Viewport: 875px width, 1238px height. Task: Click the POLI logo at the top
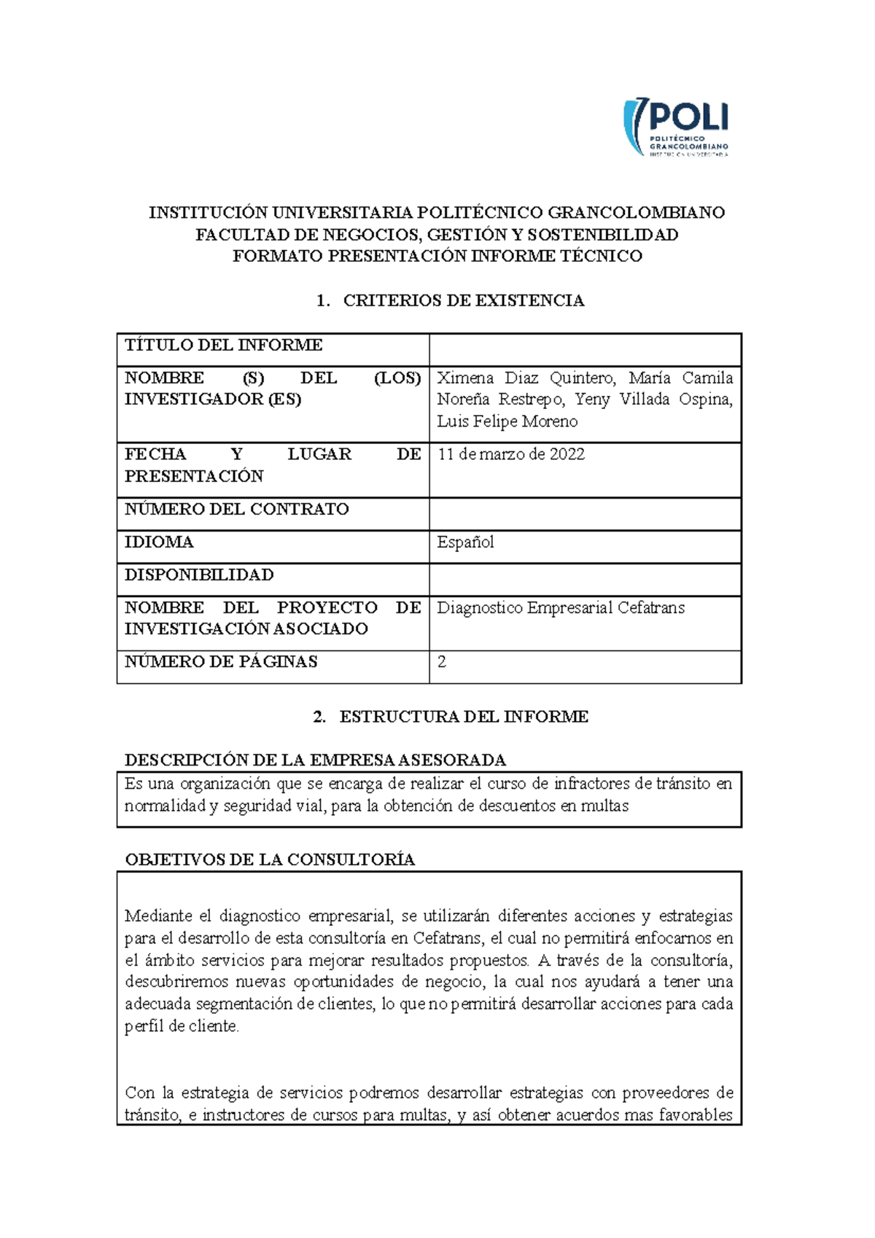click(676, 127)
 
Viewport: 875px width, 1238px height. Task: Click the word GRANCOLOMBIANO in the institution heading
click(636, 213)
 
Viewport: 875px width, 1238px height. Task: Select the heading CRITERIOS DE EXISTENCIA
click(463, 300)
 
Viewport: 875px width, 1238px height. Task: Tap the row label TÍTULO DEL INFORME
click(223, 345)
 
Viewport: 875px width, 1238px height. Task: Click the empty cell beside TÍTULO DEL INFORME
click(585, 349)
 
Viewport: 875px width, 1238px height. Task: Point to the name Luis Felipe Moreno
click(507, 421)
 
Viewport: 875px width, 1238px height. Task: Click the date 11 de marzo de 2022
click(511, 454)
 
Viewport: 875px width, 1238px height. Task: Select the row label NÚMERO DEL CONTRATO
click(236, 509)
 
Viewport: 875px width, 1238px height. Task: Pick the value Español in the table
click(465, 542)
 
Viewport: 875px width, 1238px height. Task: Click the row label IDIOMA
click(159, 542)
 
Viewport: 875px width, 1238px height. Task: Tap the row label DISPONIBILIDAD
click(199, 575)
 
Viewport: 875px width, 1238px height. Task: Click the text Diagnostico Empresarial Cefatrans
click(560, 607)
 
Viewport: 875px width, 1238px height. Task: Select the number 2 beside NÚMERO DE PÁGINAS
click(441, 662)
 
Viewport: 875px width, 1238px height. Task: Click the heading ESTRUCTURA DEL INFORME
click(463, 717)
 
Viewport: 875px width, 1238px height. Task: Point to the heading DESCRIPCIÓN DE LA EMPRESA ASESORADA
click(315, 760)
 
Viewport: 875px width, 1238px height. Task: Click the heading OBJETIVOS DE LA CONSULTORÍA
click(270, 860)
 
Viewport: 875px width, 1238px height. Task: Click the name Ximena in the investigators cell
click(464, 378)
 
